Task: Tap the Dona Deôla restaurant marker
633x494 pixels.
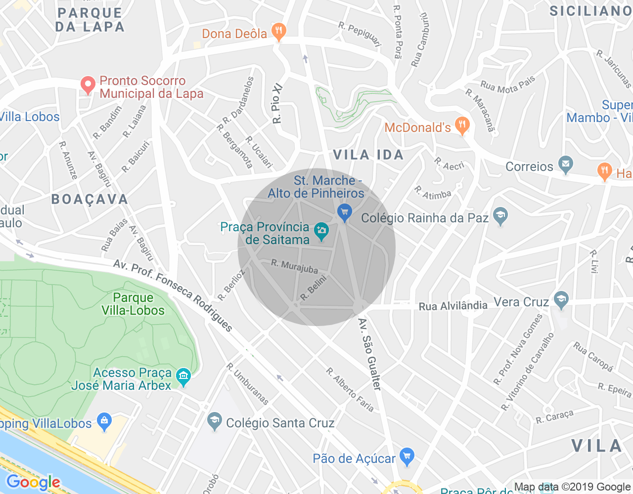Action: click(279, 32)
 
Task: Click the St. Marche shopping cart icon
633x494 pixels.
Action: click(344, 212)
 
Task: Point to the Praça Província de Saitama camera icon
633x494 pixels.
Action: click(322, 231)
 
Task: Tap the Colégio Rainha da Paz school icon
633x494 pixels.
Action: click(500, 216)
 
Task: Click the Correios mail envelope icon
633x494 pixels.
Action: click(566, 165)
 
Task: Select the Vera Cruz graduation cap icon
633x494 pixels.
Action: click(561, 300)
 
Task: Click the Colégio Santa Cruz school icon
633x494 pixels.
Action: click(214, 421)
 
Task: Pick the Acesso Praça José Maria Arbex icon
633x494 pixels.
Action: click(183, 377)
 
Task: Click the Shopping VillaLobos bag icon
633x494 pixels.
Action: click(104, 422)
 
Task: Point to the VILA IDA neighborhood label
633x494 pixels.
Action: click(368, 155)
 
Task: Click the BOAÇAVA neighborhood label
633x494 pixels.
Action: click(90, 199)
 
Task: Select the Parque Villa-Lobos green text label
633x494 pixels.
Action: click(133, 304)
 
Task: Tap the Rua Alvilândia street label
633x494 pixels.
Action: click(453, 306)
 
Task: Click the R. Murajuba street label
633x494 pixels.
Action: click(294, 266)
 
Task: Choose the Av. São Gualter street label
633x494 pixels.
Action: click(370, 354)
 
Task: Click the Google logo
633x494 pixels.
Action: click(33, 482)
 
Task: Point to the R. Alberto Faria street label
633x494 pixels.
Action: click(350, 389)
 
